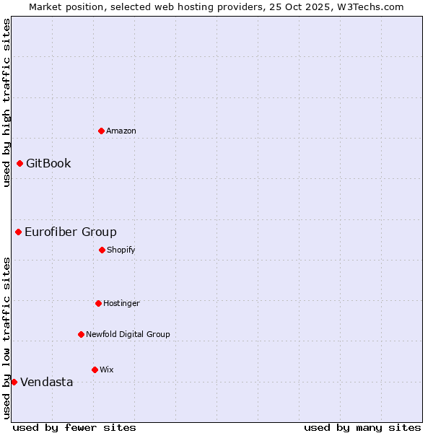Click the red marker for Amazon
tap(101, 131)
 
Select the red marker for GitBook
tap(19, 163)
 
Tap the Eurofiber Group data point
tap(18, 232)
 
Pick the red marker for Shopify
tap(102, 250)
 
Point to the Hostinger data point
tap(98, 303)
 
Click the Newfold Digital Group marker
tap(81, 334)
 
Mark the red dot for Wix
tap(95, 369)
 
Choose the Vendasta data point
tap(14, 382)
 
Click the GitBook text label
tap(48, 163)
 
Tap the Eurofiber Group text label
tap(71, 232)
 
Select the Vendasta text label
tap(46, 382)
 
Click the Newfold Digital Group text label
tap(128, 334)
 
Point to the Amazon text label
tap(121, 131)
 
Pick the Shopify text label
tap(121, 250)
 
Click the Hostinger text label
tap(121, 303)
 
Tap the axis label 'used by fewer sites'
tap(74, 427)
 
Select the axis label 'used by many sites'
tap(362, 427)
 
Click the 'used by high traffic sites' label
tap(6, 102)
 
